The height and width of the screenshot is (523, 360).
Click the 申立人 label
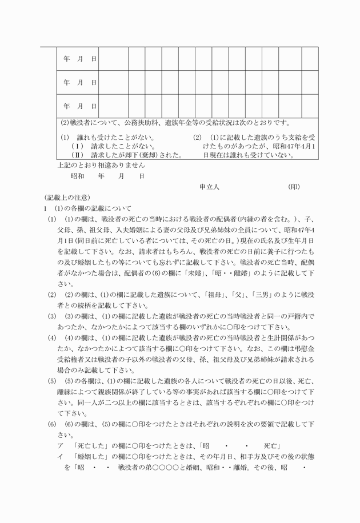coord(210,187)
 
